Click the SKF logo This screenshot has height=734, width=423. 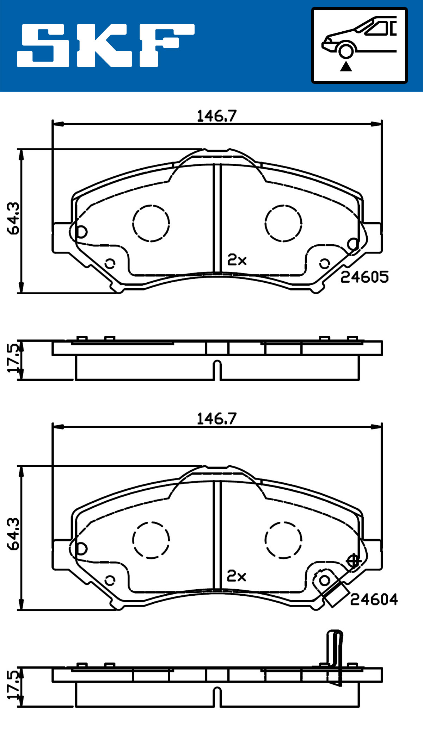coord(106,45)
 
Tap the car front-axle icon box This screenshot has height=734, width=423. coord(359,45)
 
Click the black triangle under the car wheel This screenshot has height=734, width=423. coord(346,66)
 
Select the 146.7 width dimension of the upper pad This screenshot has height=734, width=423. coord(216,116)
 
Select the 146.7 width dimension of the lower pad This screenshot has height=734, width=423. coord(216,419)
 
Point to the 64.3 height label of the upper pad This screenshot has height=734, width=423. coord(14,218)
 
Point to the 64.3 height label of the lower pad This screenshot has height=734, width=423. coord(14,534)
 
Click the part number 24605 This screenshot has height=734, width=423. coord(364,277)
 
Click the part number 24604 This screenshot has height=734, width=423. coord(374,600)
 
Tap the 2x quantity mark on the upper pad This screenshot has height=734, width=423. coord(237,260)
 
